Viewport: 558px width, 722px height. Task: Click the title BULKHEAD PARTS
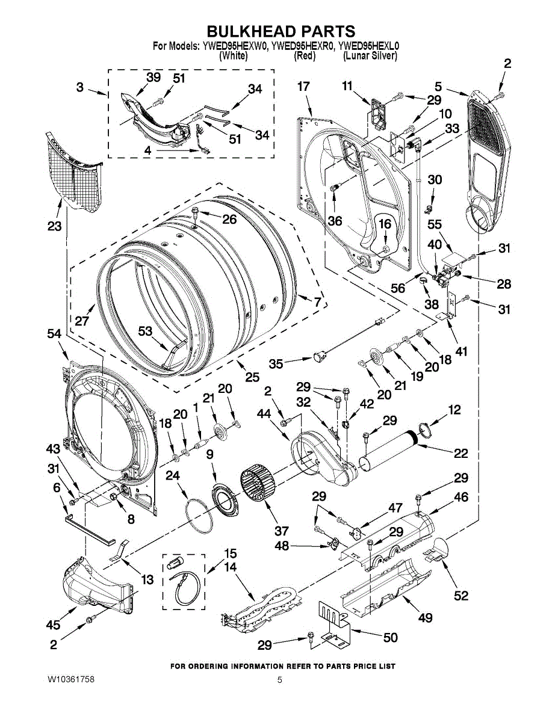pyautogui.click(x=281, y=31)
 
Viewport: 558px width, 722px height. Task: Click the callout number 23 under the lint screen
pyautogui.click(x=55, y=226)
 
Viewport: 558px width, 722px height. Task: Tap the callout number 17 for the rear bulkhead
pyautogui.click(x=303, y=87)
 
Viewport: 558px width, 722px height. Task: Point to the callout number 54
pyautogui.click(x=55, y=333)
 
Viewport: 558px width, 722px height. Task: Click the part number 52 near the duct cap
pyautogui.click(x=460, y=595)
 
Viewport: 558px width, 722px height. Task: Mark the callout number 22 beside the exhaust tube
pyautogui.click(x=460, y=453)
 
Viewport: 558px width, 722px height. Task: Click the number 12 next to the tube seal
pyautogui.click(x=454, y=410)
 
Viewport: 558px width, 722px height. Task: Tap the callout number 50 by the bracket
pyautogui.click(x=391, y=637)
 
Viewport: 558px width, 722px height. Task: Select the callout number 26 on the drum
pyautogui.click(x=229, y=220)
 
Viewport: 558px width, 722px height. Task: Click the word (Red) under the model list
pyautogui.click(x=305, y=56)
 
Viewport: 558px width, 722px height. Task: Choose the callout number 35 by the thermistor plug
pyautogui.click(x=276, y=363)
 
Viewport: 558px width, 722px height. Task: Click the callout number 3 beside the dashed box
pyautogui.click(x=79, y=87)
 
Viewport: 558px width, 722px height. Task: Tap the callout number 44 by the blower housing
pyautogui.click(x=264, y=414)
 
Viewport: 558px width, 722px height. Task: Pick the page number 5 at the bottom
pyautogui.click(x=280, y=680)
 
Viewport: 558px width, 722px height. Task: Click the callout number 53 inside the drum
pyautogui.click(x=144, y=331)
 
